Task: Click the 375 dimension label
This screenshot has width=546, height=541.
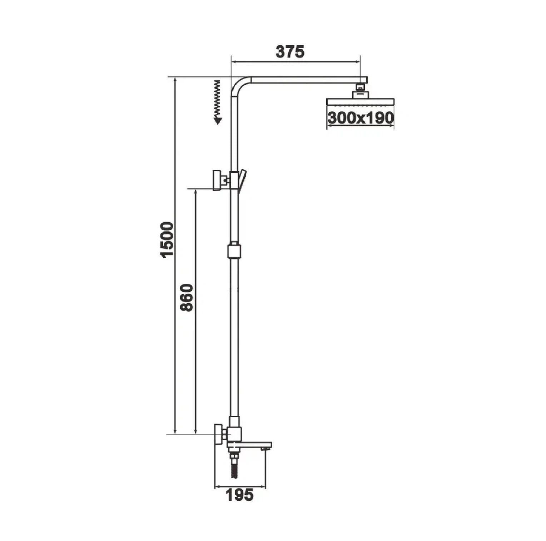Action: (290, 52)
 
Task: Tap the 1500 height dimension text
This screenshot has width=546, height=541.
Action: (167, 239)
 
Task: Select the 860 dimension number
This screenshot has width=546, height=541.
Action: (187, 298)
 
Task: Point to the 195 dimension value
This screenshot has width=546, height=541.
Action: (240, 495)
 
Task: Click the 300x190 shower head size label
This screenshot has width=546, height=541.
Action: (361, 117)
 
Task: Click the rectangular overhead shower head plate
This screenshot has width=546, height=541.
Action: (360, 102)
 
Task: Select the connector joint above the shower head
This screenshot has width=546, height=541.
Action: (361, 91)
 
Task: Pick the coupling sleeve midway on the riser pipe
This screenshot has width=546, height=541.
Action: (234, 250)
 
